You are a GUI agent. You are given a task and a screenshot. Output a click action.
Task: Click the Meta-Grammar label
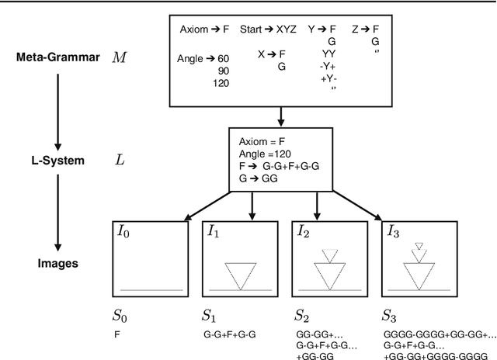coord(56,57)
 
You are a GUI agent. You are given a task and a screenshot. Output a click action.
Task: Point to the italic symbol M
coord(119,57)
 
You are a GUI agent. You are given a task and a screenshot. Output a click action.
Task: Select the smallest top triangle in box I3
coord(419,246)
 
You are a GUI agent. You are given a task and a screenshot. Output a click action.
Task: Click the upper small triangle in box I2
coord(330,254)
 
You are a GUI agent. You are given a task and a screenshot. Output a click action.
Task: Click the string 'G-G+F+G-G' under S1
coord(231,334)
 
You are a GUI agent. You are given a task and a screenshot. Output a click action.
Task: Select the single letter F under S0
coord(117,334)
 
